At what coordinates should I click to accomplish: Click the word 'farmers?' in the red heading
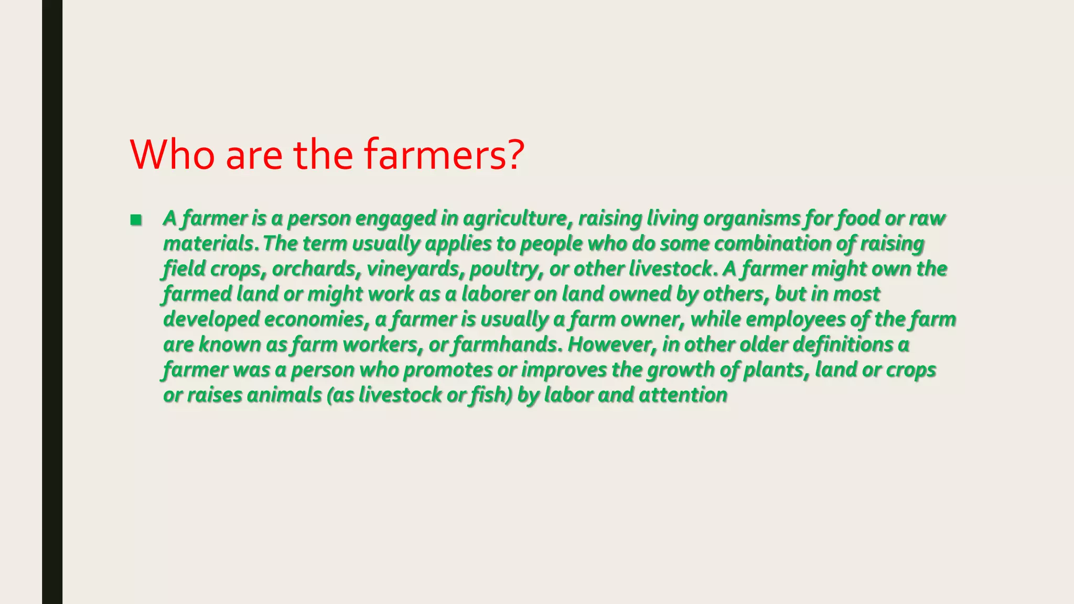[x=443, y=154]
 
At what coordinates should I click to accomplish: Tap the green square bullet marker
[x=136, y=220]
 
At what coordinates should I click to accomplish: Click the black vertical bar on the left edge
[x=52, y=302]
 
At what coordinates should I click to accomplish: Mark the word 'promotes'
[x=447, y=370]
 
